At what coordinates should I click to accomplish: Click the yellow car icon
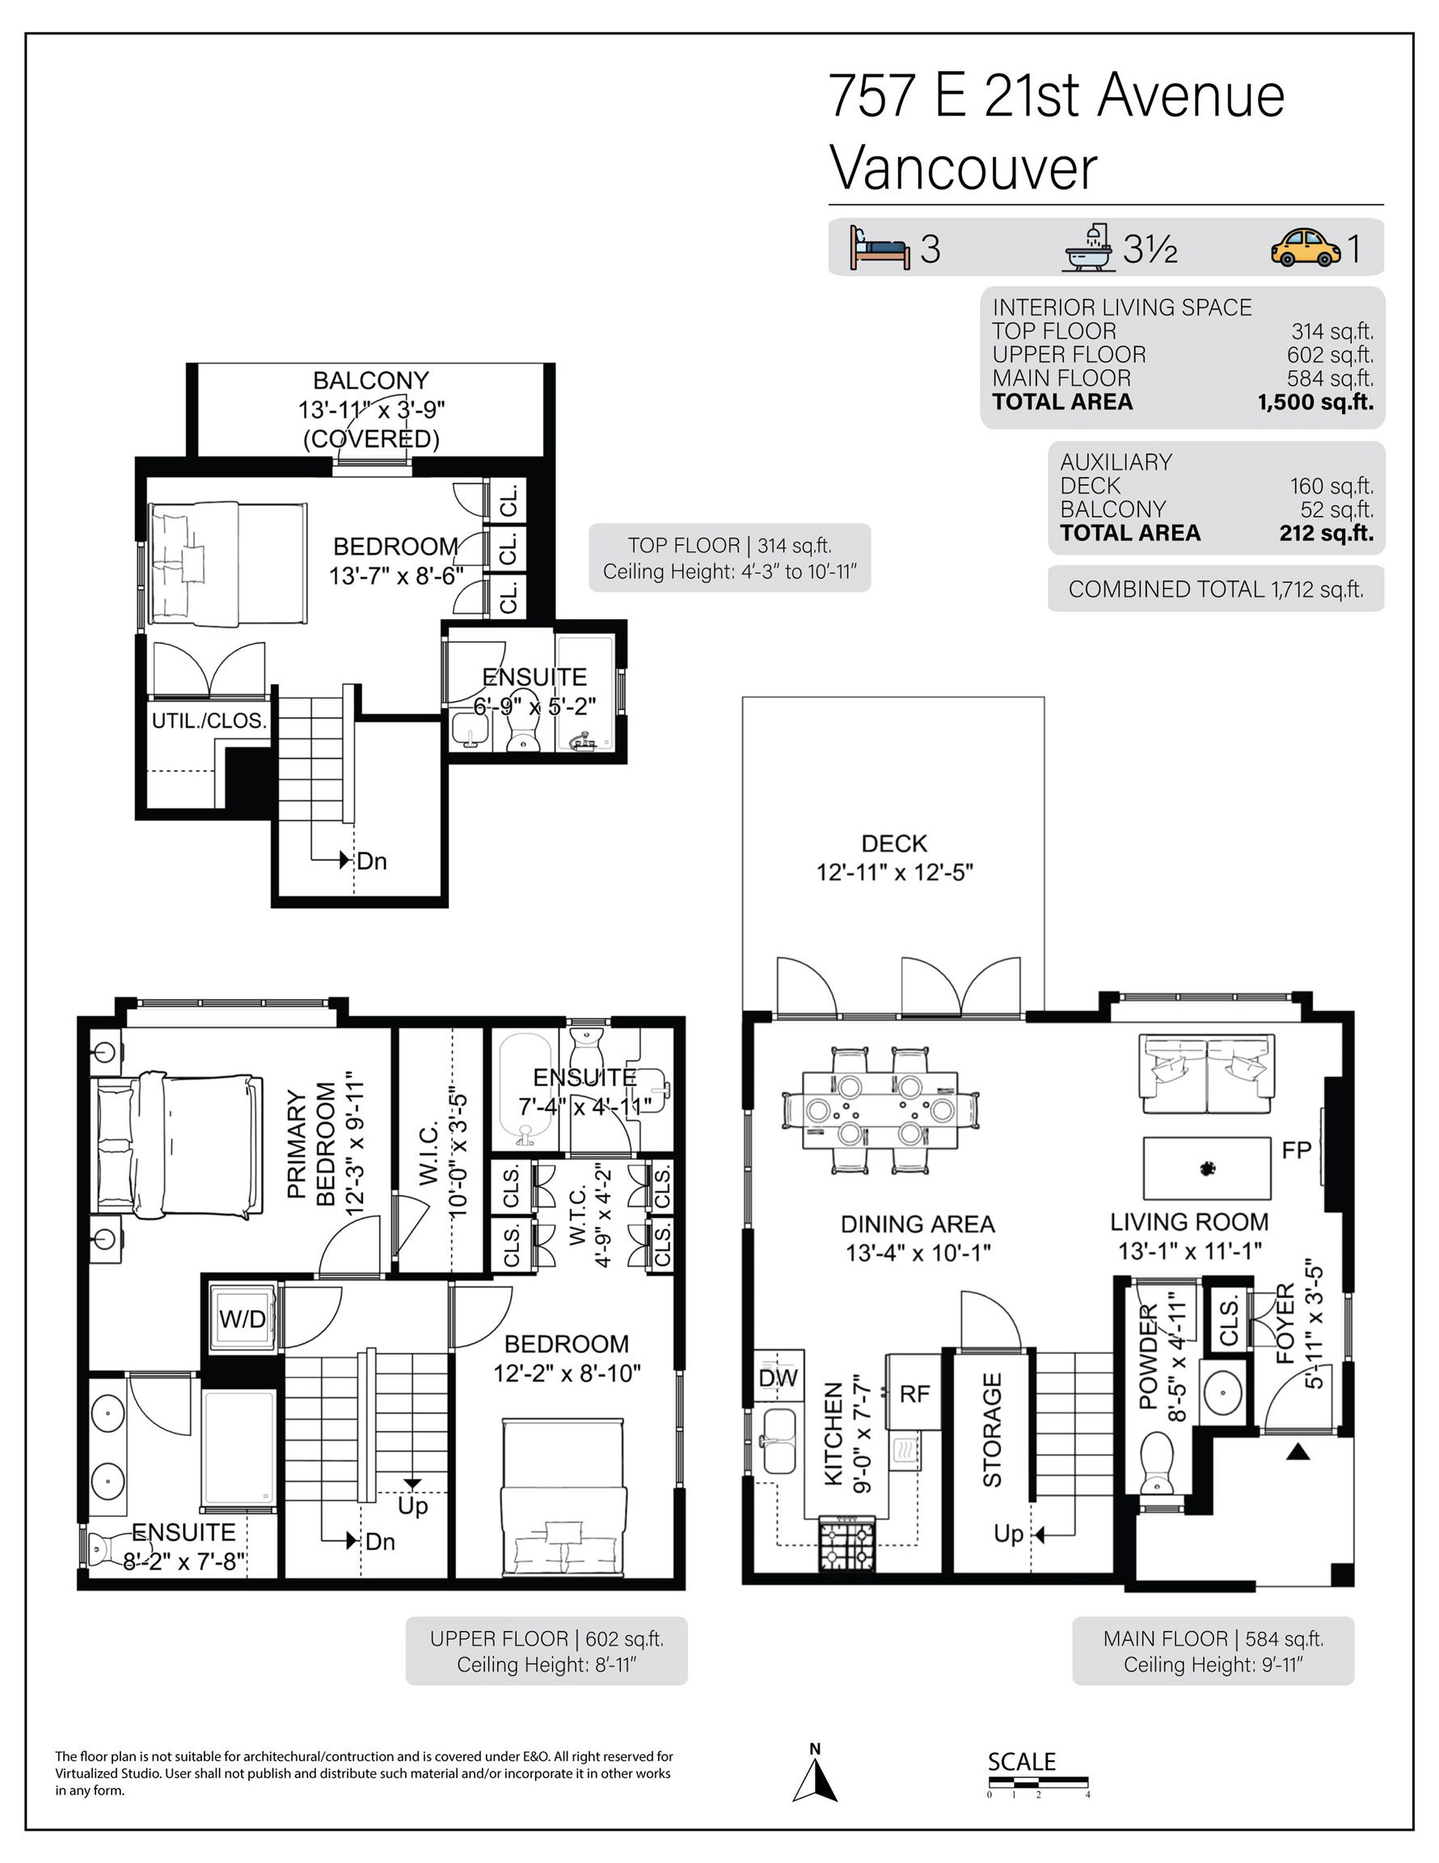point(1305,248)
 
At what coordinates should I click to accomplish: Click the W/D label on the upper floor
point(243,1320)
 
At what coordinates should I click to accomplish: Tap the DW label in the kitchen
point(778,1378)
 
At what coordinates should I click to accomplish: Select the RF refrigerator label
point(914,1394)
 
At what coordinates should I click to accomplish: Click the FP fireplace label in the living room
point(1296,1151)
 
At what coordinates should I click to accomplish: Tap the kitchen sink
point(778,1442)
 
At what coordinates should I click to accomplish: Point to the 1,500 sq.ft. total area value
point(1315,402)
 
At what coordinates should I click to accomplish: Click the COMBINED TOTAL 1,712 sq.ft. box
point(1216,589)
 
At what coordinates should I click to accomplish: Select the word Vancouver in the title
point(963,169)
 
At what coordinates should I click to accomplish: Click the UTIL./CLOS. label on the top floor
point(209,720)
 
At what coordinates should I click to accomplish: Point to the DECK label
point(894,843)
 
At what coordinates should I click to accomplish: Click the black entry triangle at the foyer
point(1298,1450)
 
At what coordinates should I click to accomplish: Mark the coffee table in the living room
point(1206,1168)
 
